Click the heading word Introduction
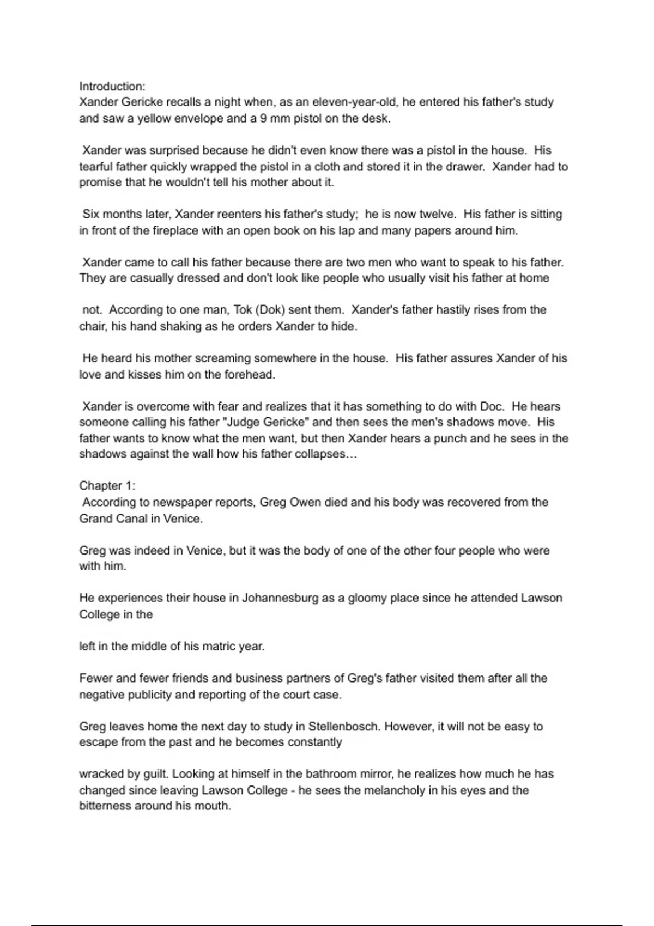click(112, 86)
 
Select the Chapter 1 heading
click(107, 485)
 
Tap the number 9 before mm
click(263, 118)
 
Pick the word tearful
click(98, 167)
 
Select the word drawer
click(465, 167)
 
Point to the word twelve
click(437, 214)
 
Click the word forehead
click(250, 374)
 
